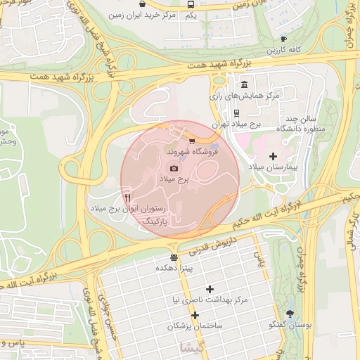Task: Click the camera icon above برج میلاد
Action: point(174,169)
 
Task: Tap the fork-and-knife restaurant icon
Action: point(127,198)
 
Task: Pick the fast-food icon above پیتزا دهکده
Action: point(174,257)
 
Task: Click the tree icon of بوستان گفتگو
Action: point(290,314)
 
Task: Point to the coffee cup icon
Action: point(283,39)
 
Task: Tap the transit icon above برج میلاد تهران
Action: point(237,111)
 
